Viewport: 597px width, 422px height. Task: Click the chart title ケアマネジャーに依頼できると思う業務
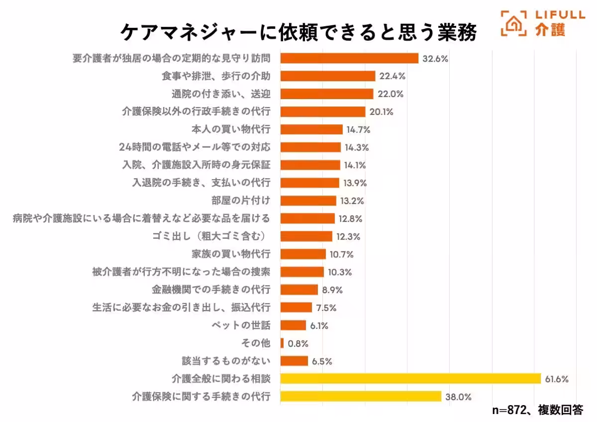click(298, 32)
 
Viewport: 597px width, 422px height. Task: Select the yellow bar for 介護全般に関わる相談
click(410, 379)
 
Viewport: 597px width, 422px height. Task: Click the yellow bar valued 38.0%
click(361, 397)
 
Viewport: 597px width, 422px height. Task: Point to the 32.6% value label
click(435, 58)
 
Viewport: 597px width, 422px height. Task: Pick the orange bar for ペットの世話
click(293, 325)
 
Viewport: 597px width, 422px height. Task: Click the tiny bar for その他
click(282, 343)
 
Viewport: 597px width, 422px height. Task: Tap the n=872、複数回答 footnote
click(537, 410)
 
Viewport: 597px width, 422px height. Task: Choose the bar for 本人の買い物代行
click(311, 129)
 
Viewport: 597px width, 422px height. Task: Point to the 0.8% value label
click(298, 343)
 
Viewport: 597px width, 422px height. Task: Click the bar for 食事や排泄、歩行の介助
click(328, 76)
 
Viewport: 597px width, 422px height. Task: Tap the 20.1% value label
click(381, 112)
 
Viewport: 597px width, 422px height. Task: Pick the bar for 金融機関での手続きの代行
click(299, 290)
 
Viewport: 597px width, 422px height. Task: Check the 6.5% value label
click(322, 361)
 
